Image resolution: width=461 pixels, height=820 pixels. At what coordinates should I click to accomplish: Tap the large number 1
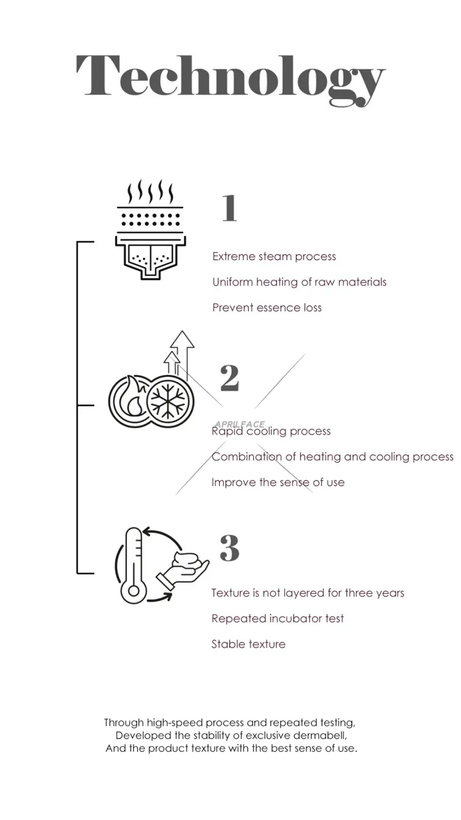click(229, 208)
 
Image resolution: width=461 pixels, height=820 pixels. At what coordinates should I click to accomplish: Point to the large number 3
click(229, 548)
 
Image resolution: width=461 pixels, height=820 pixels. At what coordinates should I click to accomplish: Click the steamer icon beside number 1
click(151, 231)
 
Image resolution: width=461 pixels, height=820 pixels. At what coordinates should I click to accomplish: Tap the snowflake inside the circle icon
click(169, 399)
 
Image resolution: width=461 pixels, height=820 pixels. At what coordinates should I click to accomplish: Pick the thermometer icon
click(133, 565)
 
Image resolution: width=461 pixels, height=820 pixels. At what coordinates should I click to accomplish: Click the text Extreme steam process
click(274, 257)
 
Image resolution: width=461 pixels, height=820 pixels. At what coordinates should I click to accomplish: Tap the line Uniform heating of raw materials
click(299, 282)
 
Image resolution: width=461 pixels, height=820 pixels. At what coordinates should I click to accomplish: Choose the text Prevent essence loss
click(267, 307)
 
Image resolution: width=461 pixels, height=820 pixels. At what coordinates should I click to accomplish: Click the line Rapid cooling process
click(271, 431)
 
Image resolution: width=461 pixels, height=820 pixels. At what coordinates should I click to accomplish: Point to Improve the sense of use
click(278, 482)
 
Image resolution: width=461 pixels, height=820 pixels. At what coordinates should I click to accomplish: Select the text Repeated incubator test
click(277, 619)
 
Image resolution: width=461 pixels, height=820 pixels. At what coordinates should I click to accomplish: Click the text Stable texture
click(248, 644)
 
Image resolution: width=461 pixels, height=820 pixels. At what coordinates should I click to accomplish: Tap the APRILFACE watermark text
click(239, 424)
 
